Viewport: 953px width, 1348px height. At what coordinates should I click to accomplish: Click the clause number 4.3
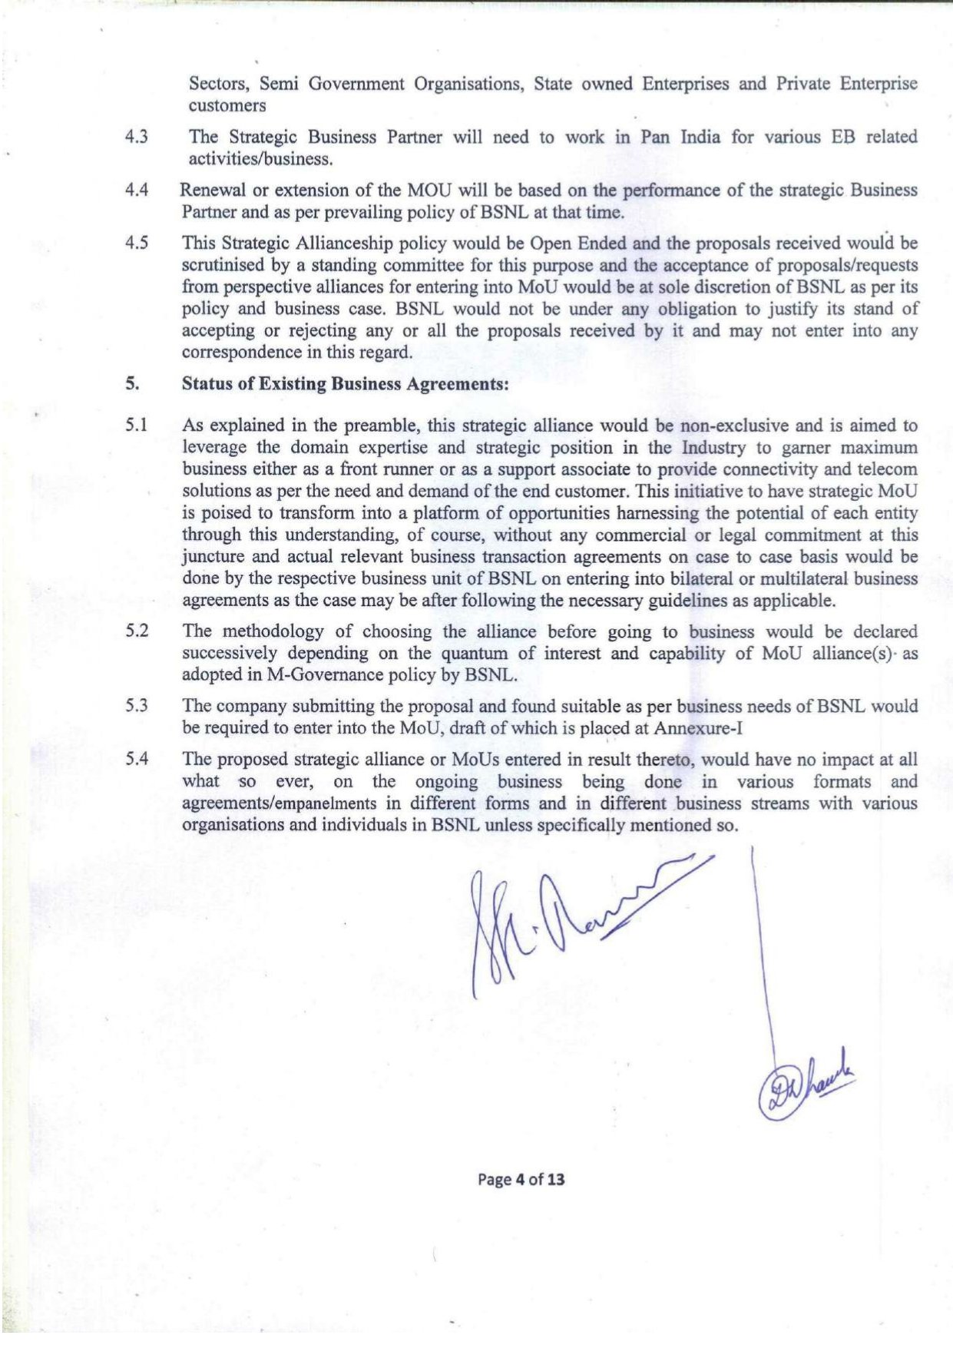click(x=137, y=137)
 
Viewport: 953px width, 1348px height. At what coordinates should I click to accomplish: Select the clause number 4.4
click(x=137, y=190)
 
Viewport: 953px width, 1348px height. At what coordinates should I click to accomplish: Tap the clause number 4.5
click(x=137, y=243)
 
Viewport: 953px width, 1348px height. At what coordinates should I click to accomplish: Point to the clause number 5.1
click(x=137, y=426)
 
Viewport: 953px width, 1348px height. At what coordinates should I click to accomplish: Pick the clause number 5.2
click(x=137, y=631)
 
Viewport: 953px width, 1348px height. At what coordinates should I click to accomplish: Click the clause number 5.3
click(x=137, y=705)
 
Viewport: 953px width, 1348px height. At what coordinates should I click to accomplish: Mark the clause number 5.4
click(x=137, y=759)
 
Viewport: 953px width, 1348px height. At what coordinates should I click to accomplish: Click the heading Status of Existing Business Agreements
click(x=346, y=383)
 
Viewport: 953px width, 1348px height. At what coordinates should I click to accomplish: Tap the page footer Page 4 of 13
click(x=521, y=1179)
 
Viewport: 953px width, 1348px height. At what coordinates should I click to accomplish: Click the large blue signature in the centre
click(x=568, y=922)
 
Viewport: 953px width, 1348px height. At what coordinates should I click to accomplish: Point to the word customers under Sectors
click(x=227, y=105)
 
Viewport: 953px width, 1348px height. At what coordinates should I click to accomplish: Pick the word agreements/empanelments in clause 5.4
click(x=279, y=803)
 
